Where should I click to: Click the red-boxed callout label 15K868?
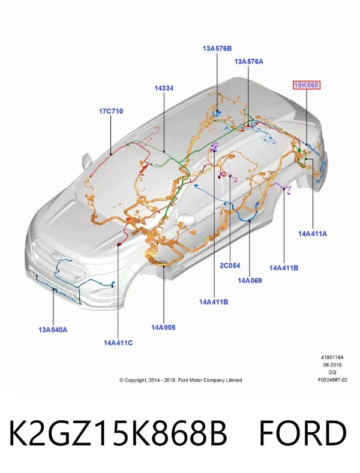(x=306, y=85)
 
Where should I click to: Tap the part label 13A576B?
(x=217, y=49)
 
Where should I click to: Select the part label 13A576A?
(x=248, y=62)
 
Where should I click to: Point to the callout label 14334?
(x=164, y=88)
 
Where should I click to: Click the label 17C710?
(x=111, y=111)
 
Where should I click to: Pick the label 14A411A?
(x=313, y=233)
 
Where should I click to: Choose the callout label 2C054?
(x=230, y=266)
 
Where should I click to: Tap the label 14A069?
(x=250, y=280)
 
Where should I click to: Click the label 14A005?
(x=163, y=327)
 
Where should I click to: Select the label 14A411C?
(x=118, y=343)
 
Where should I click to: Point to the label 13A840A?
(x=53, y=330)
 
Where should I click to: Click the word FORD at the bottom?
(x=303, y=433)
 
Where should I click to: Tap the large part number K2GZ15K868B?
(x=118, y=433)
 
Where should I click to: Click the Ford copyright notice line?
(x=181, y=380)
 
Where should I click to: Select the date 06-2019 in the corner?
(x=332, y=364)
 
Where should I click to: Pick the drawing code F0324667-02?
(x=332, y=380)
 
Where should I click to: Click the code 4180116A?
(x=332, y=357)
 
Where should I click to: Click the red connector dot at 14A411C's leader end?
(x=119, y=243)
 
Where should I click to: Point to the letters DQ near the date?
(x=332, y=372)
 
